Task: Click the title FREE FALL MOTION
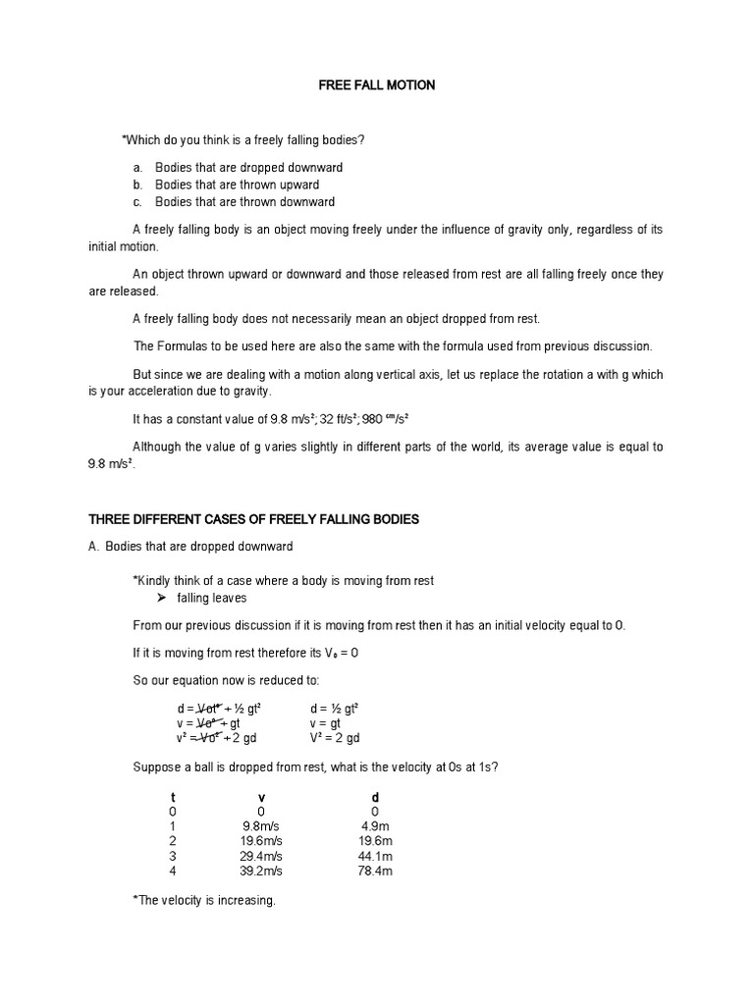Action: tap(377, 85)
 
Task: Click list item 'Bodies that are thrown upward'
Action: tap(237, 185)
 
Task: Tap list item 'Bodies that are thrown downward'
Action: tap(244, 202)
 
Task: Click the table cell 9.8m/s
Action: tap(261, 826)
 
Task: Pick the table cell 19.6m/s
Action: tap(261, 841)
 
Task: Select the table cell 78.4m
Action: tap(375, 871)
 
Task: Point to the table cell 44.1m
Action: tap(375, 856)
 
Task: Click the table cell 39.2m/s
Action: tap(261, 871)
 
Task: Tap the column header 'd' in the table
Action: tap(375, 797)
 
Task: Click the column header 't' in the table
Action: tap(173, 797)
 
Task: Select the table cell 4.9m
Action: tap(375, 826)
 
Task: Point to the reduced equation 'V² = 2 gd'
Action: tap(335, 738)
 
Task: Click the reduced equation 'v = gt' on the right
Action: tap(327, 723)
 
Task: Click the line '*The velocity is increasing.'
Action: tap(204, 900)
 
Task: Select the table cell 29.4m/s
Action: tap(261, 856)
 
